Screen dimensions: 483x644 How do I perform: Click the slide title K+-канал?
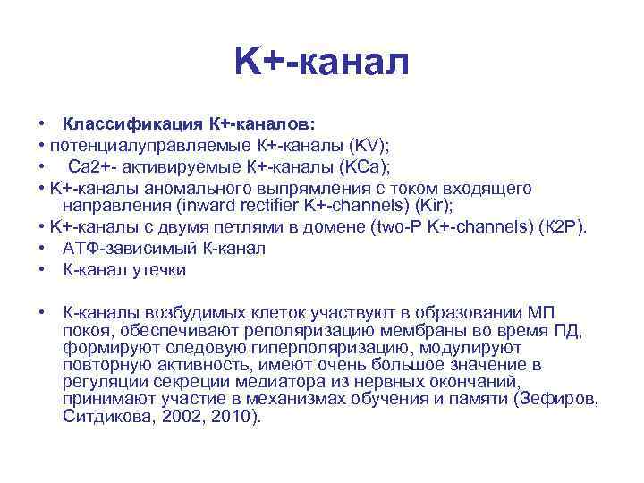click(322, 62)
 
